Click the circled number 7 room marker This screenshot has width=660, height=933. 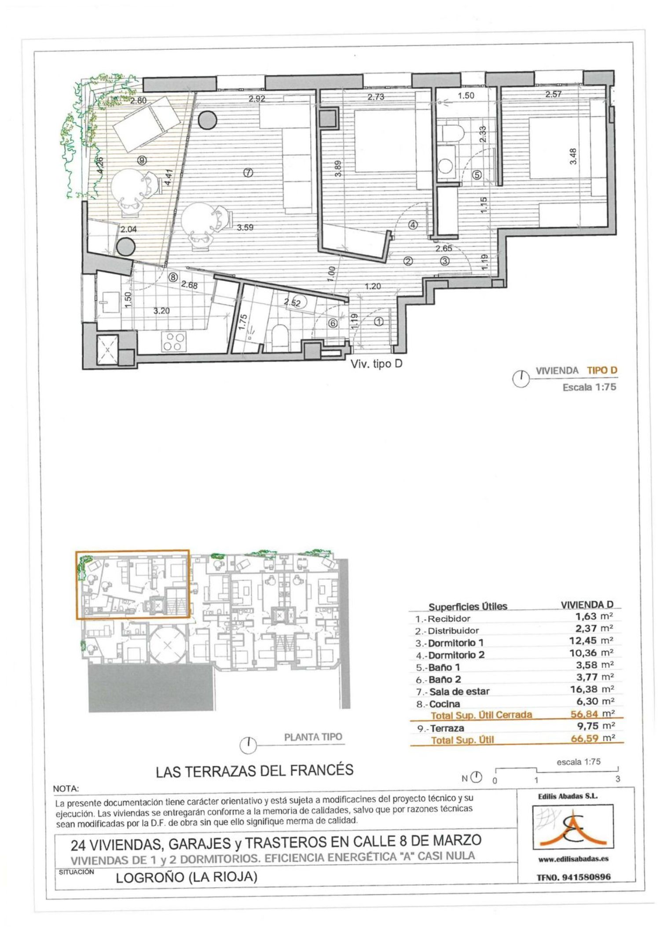(248, 173)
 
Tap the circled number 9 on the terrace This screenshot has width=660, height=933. (142, 161)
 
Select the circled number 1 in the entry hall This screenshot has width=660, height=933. (378, 322)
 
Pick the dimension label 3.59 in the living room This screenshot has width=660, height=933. (245, 227)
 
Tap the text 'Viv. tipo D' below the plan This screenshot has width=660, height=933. (376, 364)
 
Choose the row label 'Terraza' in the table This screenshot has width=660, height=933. (447, 728)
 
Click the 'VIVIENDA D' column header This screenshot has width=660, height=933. (587, 605)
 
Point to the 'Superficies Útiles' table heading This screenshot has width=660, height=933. (468, 607)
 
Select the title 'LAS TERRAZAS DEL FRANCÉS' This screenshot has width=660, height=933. (255, 771)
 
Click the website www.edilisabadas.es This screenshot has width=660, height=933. (573, 858)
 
